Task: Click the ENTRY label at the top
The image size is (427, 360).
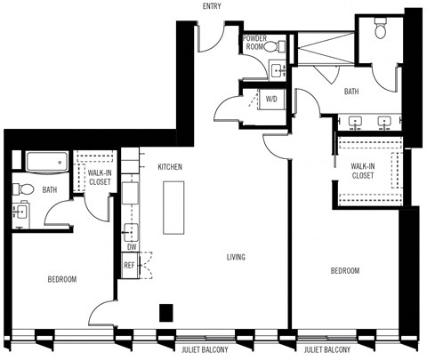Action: (211, 7)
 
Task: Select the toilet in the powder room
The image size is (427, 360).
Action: (278, 45)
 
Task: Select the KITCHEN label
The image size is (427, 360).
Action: (171, 167)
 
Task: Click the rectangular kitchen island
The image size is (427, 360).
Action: (173, 207)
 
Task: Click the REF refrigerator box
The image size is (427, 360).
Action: (130, 265)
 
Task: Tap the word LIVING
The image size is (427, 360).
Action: (235, 258)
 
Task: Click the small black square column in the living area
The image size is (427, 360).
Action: (165, 312)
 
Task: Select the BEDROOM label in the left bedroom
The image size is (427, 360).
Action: (61, 279)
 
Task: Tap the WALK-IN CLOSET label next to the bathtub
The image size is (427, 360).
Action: (99, 177)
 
